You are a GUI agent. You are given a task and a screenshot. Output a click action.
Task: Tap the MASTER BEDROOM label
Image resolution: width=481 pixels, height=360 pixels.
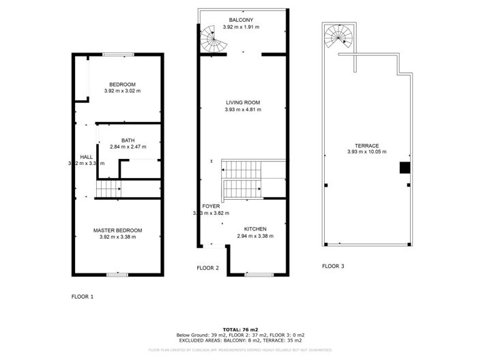pos(118,230)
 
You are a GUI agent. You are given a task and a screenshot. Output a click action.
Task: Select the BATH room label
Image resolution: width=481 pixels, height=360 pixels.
pos(128,140)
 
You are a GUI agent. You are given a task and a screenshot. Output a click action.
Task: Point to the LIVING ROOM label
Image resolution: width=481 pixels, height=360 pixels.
pos(243,102)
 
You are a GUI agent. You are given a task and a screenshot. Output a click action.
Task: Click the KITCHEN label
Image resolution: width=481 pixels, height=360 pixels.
pos(255,229)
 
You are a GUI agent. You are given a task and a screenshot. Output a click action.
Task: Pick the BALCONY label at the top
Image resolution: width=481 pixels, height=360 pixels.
pos(243,20)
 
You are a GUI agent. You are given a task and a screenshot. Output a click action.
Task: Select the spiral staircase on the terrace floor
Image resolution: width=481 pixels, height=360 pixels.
pos(337,35)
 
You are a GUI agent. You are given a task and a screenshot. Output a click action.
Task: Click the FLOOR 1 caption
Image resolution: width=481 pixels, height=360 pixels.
pos(83,297)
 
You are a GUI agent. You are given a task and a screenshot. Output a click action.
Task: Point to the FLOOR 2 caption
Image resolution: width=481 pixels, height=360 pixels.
pos(207,268)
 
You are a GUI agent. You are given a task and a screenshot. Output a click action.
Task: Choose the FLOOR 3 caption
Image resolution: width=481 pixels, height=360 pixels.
pos(333,266)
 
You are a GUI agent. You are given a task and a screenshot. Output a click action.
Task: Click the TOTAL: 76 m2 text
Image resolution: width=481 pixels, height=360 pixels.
pos(240,329)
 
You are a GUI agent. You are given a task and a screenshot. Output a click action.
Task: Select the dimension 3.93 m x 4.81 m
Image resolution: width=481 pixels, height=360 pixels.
pos(243,110)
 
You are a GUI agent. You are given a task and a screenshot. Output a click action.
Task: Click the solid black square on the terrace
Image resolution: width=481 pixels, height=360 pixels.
pos(405,168)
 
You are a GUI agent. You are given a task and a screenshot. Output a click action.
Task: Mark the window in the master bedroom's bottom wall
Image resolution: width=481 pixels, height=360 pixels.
pos(117,274)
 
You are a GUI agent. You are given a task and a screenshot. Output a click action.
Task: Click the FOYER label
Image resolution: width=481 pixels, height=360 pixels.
pos(211,205)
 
